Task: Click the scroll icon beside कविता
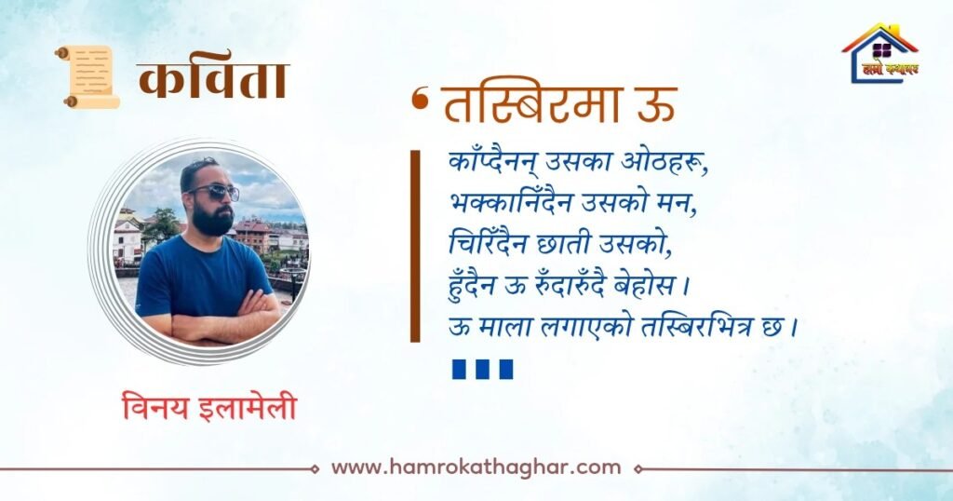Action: point(87,77)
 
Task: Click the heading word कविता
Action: point(213,80)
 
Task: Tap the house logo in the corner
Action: point(880,53)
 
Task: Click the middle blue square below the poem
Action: point(483,369)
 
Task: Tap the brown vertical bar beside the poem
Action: point(415,246)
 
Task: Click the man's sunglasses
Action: point(215,193)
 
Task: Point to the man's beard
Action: point(213,220)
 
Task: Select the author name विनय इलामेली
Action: point(209,407)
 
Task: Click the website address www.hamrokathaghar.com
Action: point(476,467)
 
